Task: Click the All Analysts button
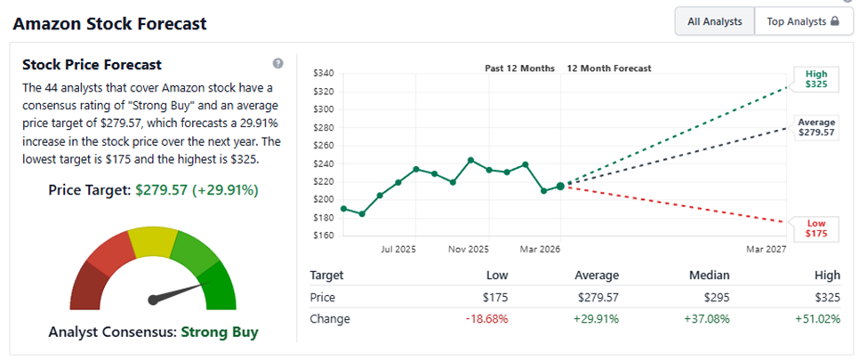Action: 714,21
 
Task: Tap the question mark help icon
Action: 278,64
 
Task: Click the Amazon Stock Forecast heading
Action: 109,23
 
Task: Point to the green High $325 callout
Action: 815,79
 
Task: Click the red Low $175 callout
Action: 815,228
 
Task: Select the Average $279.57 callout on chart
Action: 815,126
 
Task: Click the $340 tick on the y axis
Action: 323,73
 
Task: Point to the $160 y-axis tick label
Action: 323,236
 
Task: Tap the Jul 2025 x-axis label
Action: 400,250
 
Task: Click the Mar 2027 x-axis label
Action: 767,250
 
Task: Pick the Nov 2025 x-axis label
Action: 468,250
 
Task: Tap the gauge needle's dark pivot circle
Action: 153,300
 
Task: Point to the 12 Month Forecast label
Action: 609,68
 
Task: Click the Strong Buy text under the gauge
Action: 220,332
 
